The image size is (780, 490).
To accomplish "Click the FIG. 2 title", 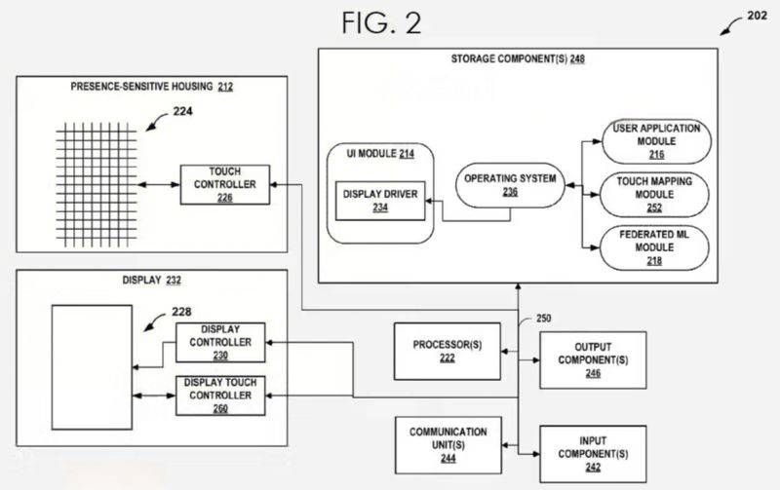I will pyautogui.click(x=381, y=23).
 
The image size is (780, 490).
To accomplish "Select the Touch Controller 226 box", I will pyautogui.click(x=224, y=183).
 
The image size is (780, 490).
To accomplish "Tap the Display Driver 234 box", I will pyautogui.click(x=379, y=202).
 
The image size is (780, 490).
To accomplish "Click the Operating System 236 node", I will pyautogui.click(x=510, y=185).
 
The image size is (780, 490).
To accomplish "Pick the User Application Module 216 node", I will pyautogui.click(x=655, y=141).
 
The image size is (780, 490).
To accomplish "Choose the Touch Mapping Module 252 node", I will pyautogui.click(x=655, y=195).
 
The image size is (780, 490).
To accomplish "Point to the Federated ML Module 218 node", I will pyautogui.click(x=655, y=247).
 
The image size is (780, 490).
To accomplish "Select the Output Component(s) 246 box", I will pyautogui.click(x=593, y=359).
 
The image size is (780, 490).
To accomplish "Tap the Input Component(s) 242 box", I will pyautogui.click(x=593, y=454).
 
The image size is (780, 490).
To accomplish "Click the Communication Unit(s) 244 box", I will pyautogui.click(x=448, y=444).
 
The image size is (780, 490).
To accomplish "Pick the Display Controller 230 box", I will pyautogui.click(x=219, y=343).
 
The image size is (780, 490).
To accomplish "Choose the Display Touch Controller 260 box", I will pyautogui.click(x=219, y=396).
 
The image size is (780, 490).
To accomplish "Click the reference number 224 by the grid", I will pyautogui.click(x=182, y=111).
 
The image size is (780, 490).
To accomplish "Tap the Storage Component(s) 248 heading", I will pyautogui.click(x=518, y=58).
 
